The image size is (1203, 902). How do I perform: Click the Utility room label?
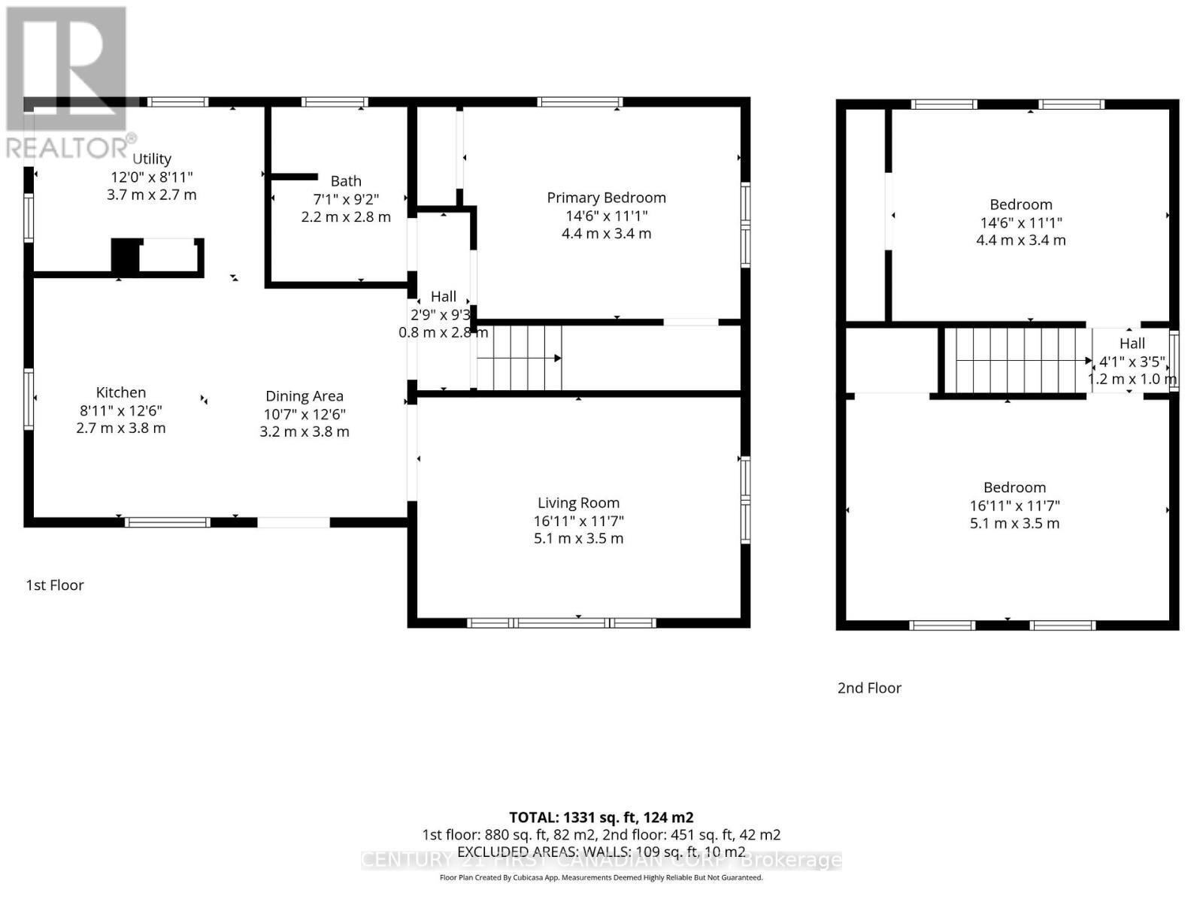pyautogui.click(x=152, y=159)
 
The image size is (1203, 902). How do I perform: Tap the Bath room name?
pyautogui.click(x=346, y=181)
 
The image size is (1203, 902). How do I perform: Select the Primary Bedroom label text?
pyautogui.click(x=606, y=198)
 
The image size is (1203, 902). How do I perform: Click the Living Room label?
pyautogui.click(x=578, y=503)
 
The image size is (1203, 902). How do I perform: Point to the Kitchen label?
pyautogui.click(x=121, y=392)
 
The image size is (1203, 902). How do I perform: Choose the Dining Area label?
pyautogui.click(x=305, y=396)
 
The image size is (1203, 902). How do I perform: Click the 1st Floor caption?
pyautogui.click(x=55, y=585)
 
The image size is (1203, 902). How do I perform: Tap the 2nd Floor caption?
pyautogui.click(x=869, y=688)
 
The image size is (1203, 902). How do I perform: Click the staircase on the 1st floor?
pyautogui.click(x=520, y=358)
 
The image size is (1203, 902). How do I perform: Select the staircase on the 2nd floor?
pyautogui.click(x=1015, y=360)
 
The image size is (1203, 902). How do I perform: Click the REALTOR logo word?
pyautogui.click(x=68, y=148)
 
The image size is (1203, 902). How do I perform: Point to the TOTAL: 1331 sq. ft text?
pyautogui.click(x=601, y=817)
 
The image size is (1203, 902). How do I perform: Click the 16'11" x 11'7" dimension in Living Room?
pyautogui.click(x=578, y=521)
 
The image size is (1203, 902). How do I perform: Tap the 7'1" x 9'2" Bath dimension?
pyautogui.click(x=346, y=199)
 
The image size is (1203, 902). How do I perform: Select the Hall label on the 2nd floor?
pyautogui.click(x=1132, y=344)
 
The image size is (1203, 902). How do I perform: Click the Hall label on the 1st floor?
pyautogui.click(x=444, y=297)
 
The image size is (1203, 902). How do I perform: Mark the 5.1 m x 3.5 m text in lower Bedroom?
pyautogui.click(x=1014, y=523)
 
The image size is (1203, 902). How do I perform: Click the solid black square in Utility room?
pyautogui.click(x=125, y=256)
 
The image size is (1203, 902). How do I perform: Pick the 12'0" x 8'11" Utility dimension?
pyautogui.click(x=152, y=177)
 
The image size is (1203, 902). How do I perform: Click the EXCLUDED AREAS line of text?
pyautogui.click(x=601, y=852)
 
